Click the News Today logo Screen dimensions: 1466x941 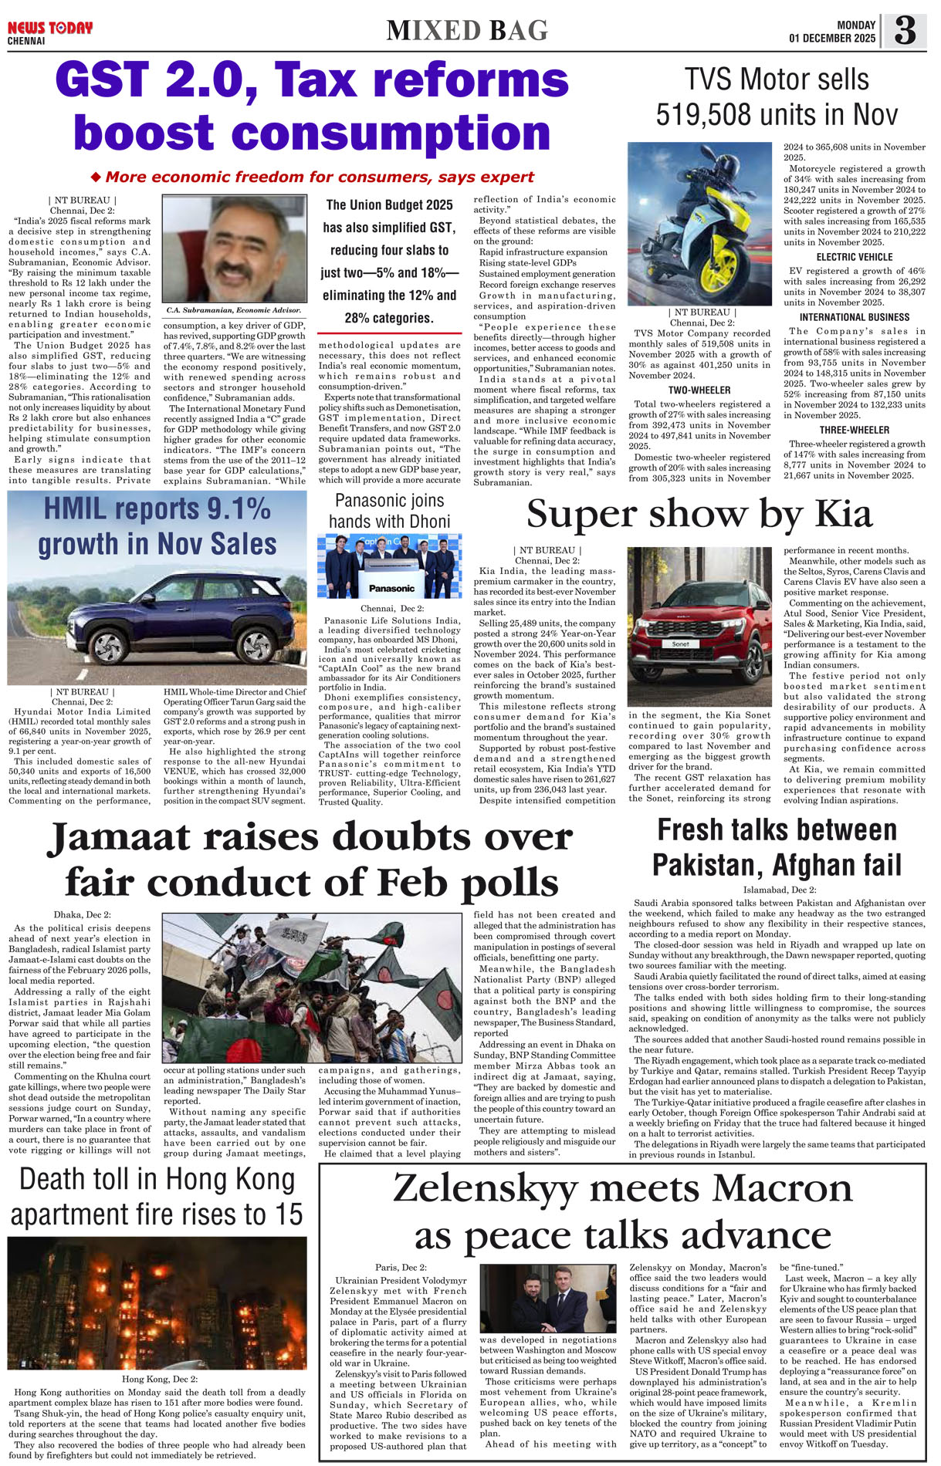coord(50,29)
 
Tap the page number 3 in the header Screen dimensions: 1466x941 coord(905,31)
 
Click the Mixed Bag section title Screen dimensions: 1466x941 coord(467,31)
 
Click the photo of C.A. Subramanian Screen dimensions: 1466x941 coord(234,248)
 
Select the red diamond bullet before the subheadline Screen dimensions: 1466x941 coord(96,177)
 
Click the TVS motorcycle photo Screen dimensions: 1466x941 coord(699,224)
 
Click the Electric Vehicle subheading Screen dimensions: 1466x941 coord(854,257)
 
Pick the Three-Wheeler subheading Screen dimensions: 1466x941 coord(854,430)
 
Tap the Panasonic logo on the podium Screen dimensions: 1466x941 coord(391,588)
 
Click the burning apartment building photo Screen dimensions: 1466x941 coord(157,1303)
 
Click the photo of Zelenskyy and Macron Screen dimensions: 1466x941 coord(547,1299)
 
